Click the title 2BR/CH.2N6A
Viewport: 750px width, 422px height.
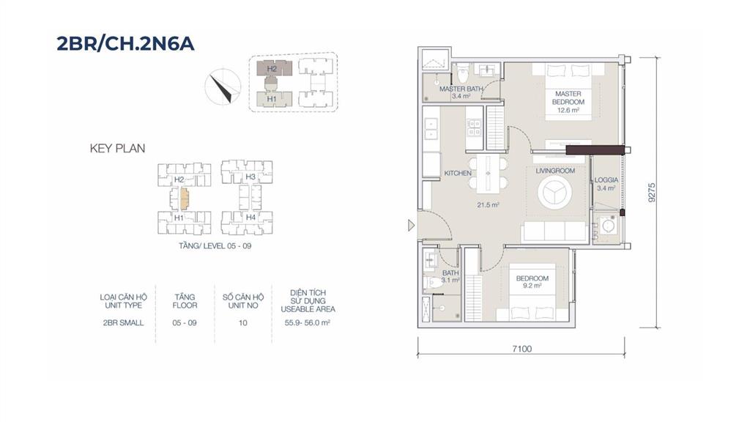point(125,43)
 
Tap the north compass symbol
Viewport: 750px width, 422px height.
point(223,86)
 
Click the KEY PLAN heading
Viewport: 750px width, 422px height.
point(117,148)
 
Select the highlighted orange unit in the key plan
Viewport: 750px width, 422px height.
point(184,198)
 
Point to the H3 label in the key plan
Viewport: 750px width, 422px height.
point(250,177)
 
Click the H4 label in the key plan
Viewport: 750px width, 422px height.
point(250,217)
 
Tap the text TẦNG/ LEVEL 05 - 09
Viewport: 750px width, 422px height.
point(215,246)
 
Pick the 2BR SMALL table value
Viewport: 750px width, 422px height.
point(123,323)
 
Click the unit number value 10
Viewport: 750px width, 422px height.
point(243,323)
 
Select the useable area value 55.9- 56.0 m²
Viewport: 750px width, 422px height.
point(308,323)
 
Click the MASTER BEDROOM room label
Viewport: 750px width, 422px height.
point(568,98)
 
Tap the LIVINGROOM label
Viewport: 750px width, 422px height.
point(555,171)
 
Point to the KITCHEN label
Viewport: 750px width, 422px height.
point(458,173)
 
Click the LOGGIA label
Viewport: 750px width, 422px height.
point(606,180)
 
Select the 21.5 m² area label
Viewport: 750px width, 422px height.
point(488,205)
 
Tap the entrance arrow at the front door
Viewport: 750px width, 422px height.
point(412,226)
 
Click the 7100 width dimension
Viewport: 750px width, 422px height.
point(521,349)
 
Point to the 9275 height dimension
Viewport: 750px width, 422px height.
point(652,193)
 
